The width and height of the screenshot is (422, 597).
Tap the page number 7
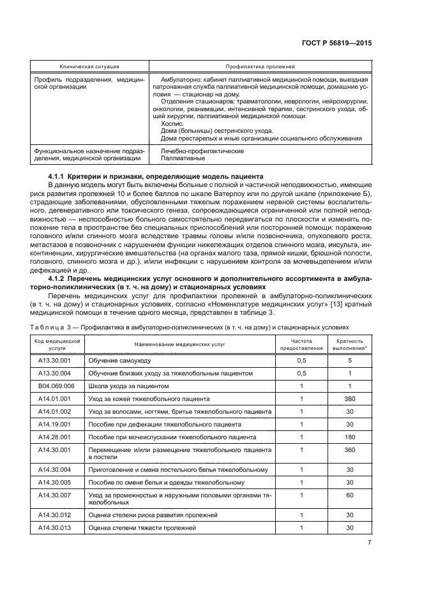coord(369,543)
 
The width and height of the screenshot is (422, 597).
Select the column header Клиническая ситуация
coord(89,66)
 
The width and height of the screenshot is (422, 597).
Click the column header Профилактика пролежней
coord(260,66)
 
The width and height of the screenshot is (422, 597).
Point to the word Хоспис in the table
coord(171,124)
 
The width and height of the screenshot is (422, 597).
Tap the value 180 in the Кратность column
coord(349,437)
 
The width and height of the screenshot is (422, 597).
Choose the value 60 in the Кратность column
coord(349,495)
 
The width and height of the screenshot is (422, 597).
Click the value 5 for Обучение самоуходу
coord(349,361)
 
